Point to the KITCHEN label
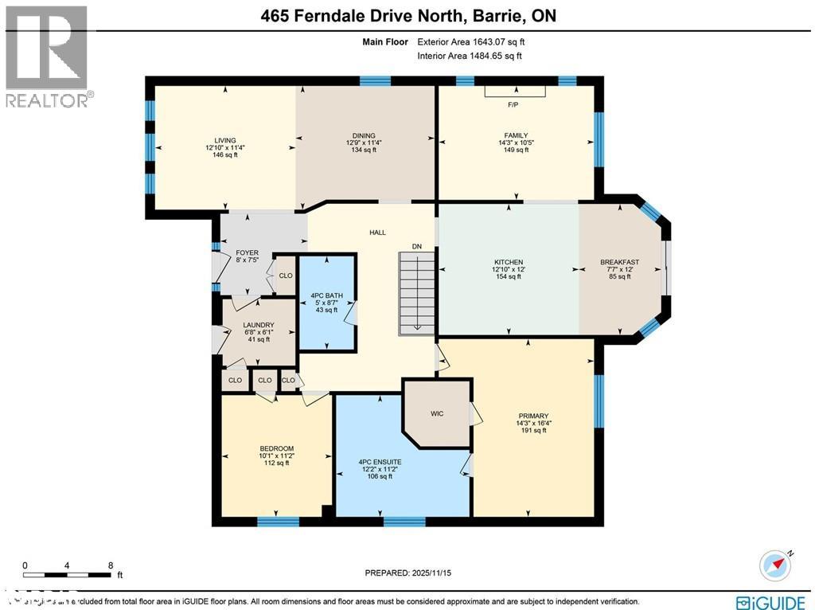tap(509, 262)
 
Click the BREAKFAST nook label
tap(620, 262)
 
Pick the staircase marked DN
tap(416, 292)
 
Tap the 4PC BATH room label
tap(327, 295)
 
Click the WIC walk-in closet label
tap(437, 414)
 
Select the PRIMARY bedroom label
tap(532, 416)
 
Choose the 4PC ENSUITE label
tap(380, 462)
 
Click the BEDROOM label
tap(277, 448)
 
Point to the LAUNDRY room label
tap(259, 325)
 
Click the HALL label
tap(377, 233)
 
